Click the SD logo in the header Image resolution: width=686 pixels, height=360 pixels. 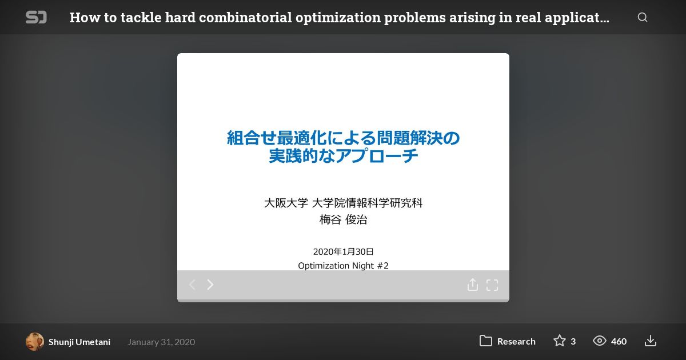(36, 17)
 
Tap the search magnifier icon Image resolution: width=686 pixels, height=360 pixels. (643, 17)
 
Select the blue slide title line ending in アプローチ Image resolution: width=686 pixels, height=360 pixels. (344, 156)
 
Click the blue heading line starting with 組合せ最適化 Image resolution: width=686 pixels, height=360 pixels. (344, 138)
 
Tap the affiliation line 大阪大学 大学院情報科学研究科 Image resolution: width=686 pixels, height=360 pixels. (344, 203)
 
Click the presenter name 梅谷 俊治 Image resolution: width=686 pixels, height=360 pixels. (344, 219)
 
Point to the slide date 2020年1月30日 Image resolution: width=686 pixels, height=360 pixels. (344, 251)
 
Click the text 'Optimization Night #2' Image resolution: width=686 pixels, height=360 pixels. (344, 265)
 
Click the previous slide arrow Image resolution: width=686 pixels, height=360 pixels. (192, 285)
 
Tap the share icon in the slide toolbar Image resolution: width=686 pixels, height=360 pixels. (473, 285)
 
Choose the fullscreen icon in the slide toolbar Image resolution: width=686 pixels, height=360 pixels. (492, 285)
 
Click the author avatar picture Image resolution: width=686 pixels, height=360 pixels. (35, 342)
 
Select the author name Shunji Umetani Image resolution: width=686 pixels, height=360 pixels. (79, 342)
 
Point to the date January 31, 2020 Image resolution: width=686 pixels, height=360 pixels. (161, 342)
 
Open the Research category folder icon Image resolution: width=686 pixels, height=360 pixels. (486, 341)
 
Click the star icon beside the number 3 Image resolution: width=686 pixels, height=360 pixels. (560, 341)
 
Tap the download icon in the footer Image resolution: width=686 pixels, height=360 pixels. (651, 341)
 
